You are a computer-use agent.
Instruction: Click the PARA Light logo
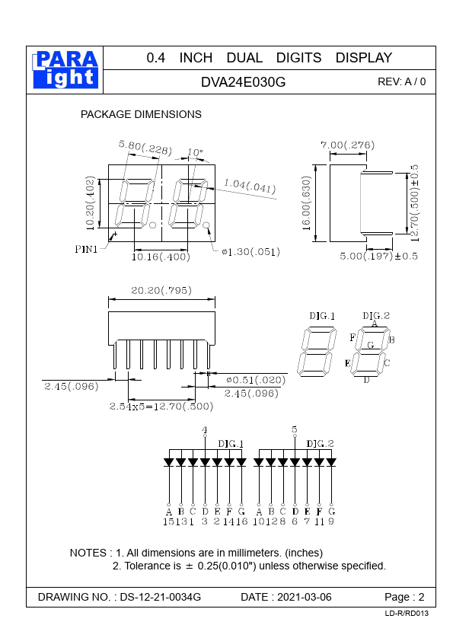pos(65,70)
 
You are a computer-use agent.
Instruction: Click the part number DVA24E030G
pos(244,82)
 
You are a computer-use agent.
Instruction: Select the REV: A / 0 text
pos(401,81)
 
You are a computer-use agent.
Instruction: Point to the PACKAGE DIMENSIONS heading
pos(141,114)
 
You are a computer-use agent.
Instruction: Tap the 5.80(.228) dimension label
pos(145,148)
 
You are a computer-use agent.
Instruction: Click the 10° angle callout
pos(195,152)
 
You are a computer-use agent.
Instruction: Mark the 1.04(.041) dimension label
pos(250,186)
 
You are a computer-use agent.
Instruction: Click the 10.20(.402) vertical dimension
pos(91,203)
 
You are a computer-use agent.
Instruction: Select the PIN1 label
pos(86,249)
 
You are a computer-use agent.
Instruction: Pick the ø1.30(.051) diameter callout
pos(250,252)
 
